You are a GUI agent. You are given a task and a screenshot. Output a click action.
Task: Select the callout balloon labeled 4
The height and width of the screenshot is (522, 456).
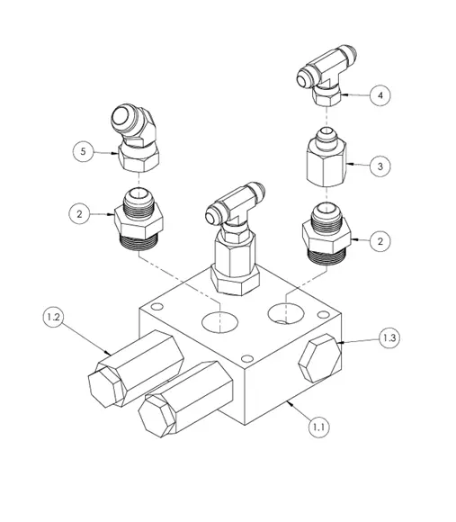pos(381,94)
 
